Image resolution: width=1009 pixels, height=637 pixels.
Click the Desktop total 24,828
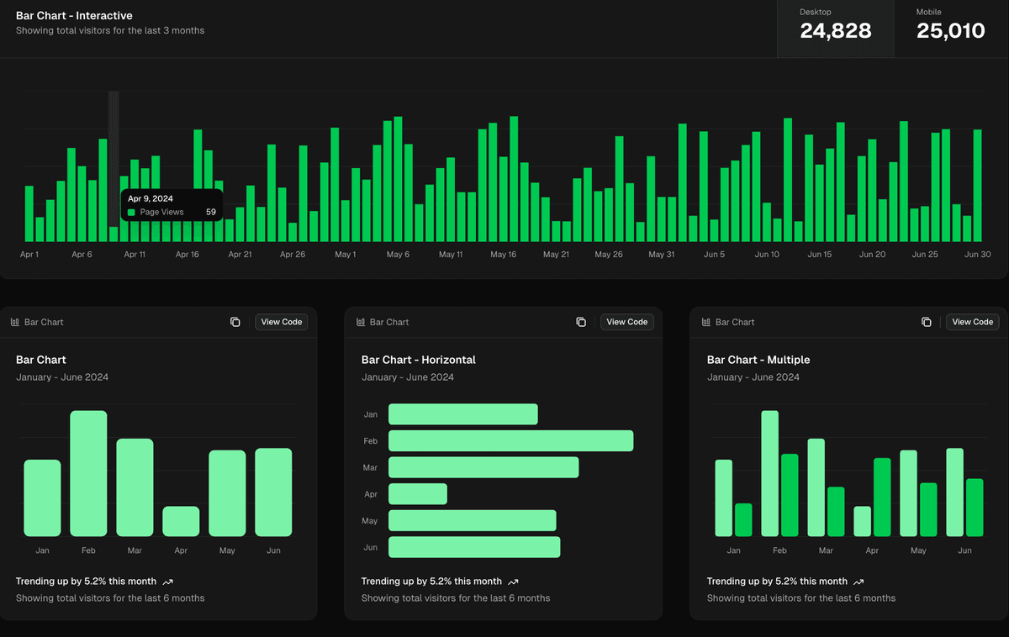[835, 31]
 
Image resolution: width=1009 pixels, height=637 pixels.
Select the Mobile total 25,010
[950, 31]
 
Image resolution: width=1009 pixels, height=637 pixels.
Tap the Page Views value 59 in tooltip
[211, 213]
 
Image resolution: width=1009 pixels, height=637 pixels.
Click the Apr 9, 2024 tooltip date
[150, 198]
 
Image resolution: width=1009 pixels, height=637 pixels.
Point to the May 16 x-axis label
[503, 255]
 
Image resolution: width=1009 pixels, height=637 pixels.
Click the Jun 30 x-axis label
[977, 255]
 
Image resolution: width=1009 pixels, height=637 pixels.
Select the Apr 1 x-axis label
[29, 255]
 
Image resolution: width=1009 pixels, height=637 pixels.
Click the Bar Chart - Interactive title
[74, 16]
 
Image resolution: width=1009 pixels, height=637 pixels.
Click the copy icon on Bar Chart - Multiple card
[926, 322]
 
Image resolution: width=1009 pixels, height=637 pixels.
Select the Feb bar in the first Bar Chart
[88, 473]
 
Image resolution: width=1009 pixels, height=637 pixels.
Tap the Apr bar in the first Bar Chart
[181, 521]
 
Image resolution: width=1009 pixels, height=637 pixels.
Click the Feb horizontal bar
[510, 441]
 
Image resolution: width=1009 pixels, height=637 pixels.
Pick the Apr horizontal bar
[417, 494]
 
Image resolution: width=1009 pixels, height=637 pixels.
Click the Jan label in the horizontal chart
[371, 414]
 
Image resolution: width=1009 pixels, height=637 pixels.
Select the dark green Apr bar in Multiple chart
[882, 497]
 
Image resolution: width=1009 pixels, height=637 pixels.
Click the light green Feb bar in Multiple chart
[769, 473]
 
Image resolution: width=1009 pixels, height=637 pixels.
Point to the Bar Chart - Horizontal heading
[418, 360]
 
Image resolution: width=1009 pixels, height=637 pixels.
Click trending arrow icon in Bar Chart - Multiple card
[858, 582]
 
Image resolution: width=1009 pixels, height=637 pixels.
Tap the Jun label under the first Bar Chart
[273, 550]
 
